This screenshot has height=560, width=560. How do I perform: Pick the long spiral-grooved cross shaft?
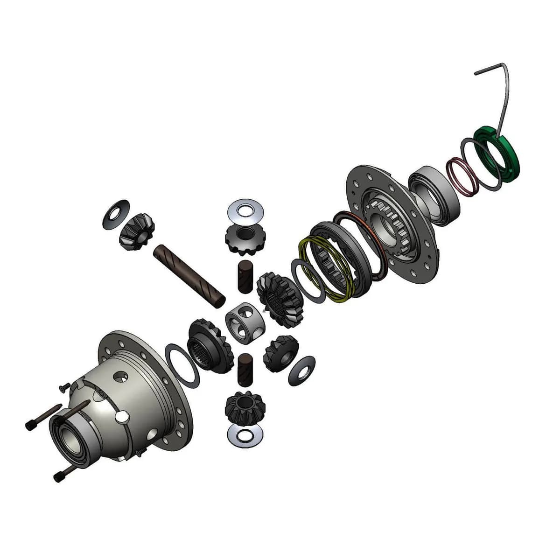(189, 276)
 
